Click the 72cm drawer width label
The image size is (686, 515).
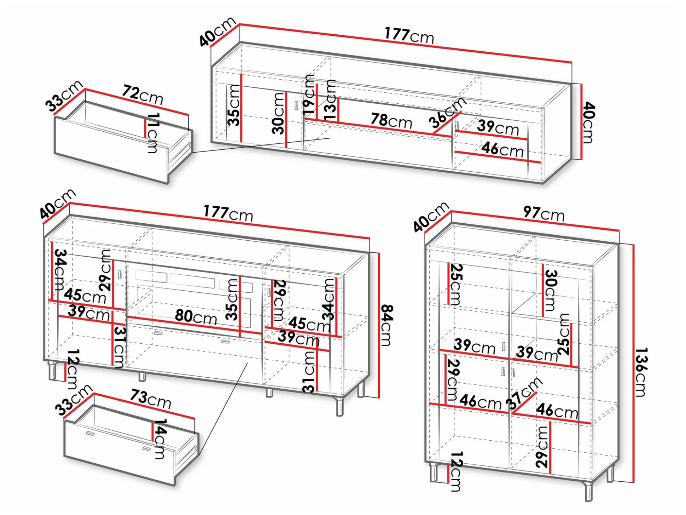coord(143,95)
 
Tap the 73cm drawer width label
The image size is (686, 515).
coord(151,399)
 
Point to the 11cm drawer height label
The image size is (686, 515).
coord(153,133)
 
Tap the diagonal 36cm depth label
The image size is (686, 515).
coord(447,113)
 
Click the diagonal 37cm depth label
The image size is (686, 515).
coord(524,393)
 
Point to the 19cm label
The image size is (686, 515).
coord(309,94)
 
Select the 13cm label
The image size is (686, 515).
coord(330,100)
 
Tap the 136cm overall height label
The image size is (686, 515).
coord(641,372)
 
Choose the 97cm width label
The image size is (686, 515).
coord(544,214)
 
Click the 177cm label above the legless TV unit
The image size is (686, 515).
coord(409,36)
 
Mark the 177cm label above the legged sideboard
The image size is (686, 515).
coord(228,214)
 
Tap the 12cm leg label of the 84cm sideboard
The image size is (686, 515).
coord(72,369)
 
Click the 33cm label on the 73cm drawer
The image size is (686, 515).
coord(74,400)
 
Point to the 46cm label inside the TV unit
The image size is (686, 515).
coord(502,150)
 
